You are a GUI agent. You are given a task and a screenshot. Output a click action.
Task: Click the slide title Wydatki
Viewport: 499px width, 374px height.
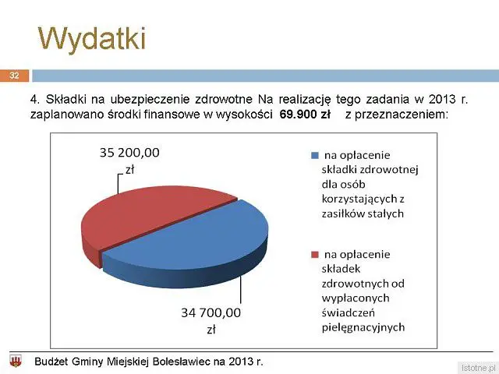pyautogui.click(x=92, y=39)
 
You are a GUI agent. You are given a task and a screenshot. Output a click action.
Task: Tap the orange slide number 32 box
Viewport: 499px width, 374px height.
pyautogui.click(x=14, y=76)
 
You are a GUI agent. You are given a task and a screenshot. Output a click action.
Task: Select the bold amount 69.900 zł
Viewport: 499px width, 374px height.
pyautogui.click(x=305, y=115)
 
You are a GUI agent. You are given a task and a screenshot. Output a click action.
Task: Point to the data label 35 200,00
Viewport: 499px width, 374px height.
pyautogui.click(x=129, y=153)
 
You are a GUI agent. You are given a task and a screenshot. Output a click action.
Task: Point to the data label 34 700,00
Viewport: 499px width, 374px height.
pyautogui.click(x=211, y=313)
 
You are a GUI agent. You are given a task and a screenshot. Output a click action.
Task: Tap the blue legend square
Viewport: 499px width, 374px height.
pyautogui.click(x=314, y=156)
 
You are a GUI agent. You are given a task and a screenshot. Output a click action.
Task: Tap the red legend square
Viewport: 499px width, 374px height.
pyautogui.click(x=314, y=255)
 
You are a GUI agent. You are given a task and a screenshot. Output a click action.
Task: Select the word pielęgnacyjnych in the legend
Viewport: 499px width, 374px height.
pyautogui.click(x=363, y=327)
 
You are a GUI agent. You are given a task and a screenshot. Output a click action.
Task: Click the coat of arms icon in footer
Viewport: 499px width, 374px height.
pyautogui.click(x=16, y=362)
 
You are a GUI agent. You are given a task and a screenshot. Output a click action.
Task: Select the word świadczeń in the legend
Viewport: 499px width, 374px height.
pyautogui.click(x=349, y=313)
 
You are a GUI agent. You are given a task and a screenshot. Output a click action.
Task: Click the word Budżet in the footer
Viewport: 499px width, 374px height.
pyautogui.click(x=51, y=362)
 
